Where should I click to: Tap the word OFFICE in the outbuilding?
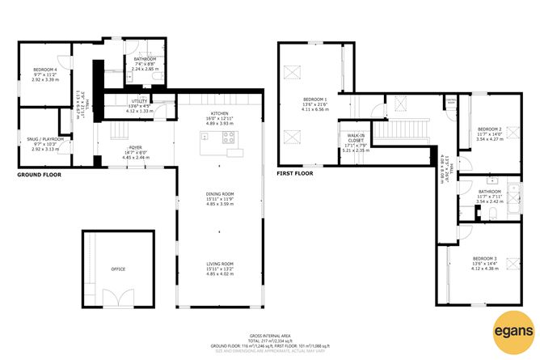tap(119, 268)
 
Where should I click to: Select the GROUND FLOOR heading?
tap(40, 173)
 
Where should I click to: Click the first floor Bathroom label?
tap(491, 193)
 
